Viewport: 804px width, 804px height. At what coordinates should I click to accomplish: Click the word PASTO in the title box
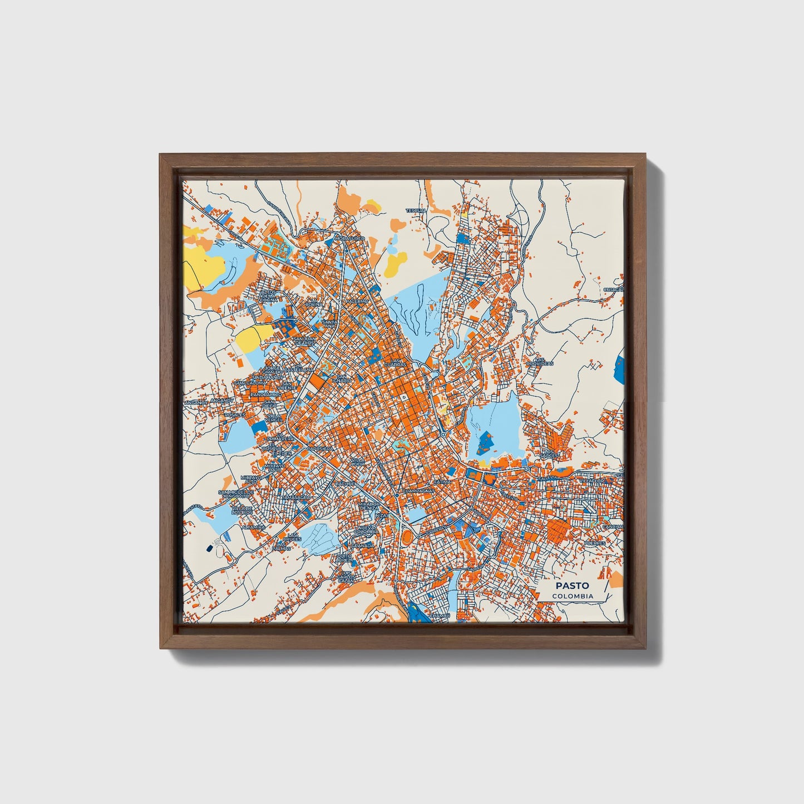click(x=572, y=585)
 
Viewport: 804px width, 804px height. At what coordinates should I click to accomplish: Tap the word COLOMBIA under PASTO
click(x=572, y=596)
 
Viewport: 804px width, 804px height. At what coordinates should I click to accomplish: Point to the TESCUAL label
click(x=416, y=211)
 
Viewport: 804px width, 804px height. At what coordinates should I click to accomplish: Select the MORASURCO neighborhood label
click(x=349, y=238)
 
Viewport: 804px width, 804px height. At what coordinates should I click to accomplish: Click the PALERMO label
click(x=357, y=301)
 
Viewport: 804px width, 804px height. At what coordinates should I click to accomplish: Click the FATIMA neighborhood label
click(x=443, y=481)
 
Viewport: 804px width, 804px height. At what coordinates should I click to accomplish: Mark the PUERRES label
click(x=594, y=542)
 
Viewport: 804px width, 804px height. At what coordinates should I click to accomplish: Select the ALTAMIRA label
click(x=253, y=526)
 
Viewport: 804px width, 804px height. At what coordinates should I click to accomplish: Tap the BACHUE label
click(x=344, y=484)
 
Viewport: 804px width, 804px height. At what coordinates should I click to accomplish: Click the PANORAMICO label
click(x=265, y=394)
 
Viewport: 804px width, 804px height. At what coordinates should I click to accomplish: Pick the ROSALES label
click(x=234, y=415)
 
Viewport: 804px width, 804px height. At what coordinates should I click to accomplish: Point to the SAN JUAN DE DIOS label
click(x=304, y=341)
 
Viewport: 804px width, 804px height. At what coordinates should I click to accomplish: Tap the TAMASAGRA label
click(x=295, y=497)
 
